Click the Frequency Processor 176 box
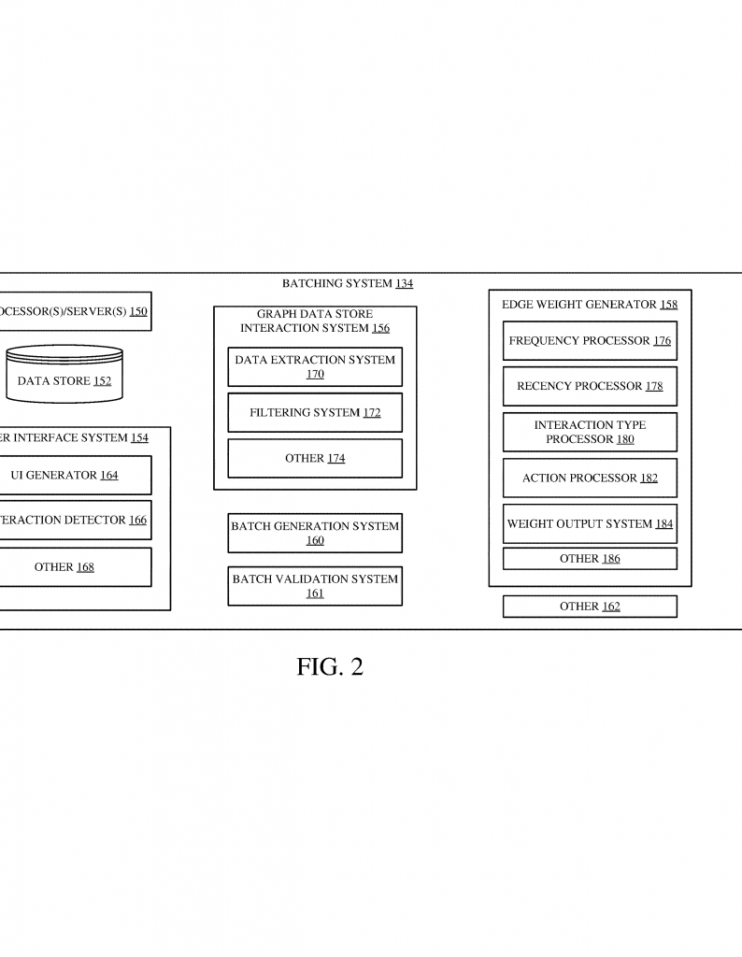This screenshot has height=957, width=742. pos(590,341)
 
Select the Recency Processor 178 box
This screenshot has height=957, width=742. pos(590,386)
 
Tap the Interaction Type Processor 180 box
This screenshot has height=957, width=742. pos(590,432)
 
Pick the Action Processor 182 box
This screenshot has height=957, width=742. pos(590,478)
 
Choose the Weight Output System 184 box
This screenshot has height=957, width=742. pos(590,523)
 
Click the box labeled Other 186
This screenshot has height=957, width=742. pos(590,559)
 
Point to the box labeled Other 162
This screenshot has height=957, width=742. pos(590,607)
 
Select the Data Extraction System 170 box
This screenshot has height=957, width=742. pos(315,366)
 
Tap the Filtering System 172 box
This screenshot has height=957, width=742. pos(315,412)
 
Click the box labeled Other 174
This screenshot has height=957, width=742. pos(315,458)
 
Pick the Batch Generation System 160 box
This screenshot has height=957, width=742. pos(315,533)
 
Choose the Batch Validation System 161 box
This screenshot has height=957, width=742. pos(315,586)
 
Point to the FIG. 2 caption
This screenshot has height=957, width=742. pos(330,666)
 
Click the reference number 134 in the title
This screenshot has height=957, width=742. pos(404,284)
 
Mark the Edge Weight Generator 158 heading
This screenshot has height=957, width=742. pos(590,304)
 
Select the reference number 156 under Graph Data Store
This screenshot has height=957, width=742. pos(380,328)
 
